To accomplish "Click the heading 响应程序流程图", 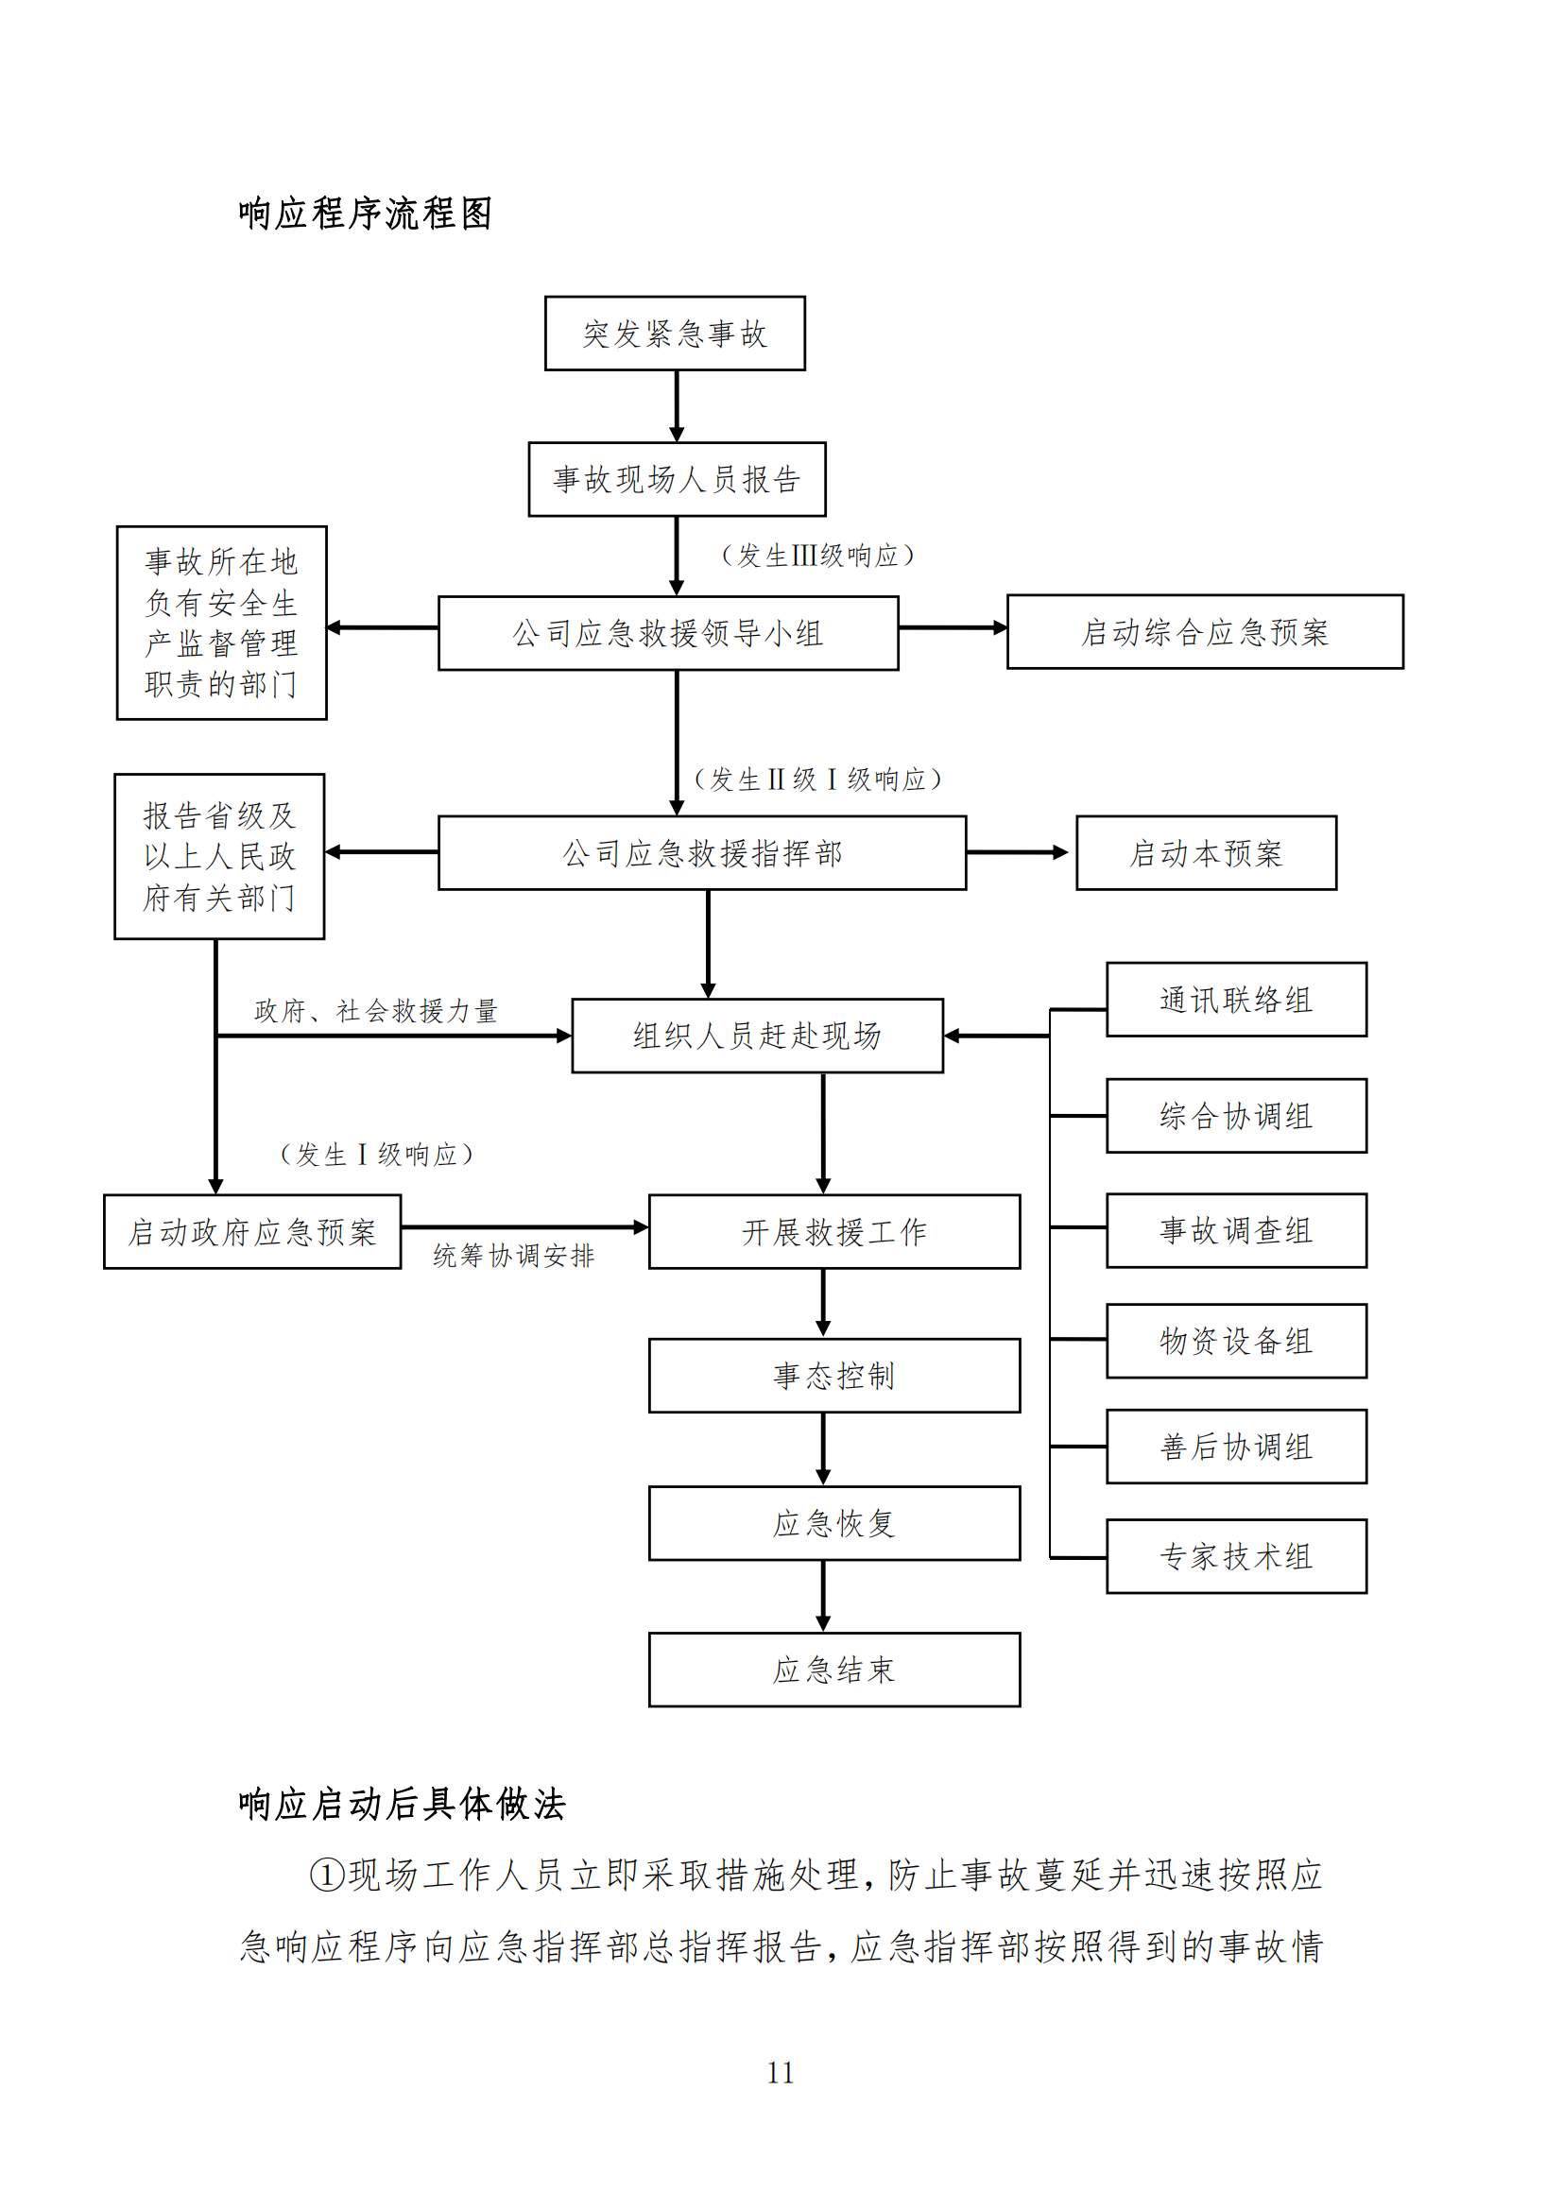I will point(365,214).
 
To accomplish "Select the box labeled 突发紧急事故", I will point(675,333).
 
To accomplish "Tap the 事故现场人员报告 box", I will point(677,479).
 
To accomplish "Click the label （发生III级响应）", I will point(817,556).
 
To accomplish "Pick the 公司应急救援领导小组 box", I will point(668,633).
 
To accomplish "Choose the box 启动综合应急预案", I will point(1204,632).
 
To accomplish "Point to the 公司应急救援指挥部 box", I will point(701,853).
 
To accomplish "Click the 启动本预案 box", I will point(1205,853).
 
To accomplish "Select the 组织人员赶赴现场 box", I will point(757,1036).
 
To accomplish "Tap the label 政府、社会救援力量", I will point(375,1011).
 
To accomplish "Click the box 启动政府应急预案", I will point(252,1232).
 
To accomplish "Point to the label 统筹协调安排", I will point(513,1255).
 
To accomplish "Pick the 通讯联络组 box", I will point(1236,999).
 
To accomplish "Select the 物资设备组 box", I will point(1236,1341).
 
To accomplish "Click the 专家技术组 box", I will point(1236,1556).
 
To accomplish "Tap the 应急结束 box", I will point(833,1670).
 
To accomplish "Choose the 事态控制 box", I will point(833,1376).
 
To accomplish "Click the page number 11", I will point(781,2072).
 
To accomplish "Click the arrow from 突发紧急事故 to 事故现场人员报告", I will point(677,406).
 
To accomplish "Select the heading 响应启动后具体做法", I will point(402,1804).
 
